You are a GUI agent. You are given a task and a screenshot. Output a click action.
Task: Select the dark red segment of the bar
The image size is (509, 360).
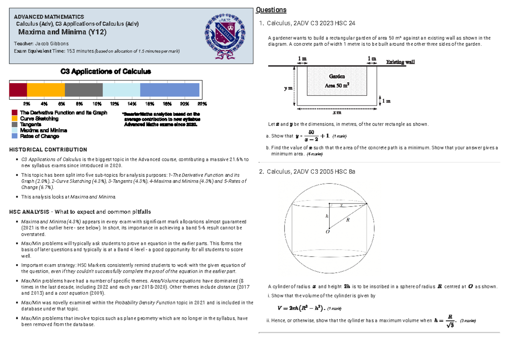pos(18,90)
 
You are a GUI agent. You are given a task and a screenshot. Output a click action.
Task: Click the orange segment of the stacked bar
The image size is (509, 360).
pos(46,90)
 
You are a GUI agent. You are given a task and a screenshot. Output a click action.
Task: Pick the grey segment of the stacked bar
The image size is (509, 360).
pos(84,90)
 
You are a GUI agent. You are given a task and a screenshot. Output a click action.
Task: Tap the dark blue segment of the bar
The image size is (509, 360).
pos(170,90)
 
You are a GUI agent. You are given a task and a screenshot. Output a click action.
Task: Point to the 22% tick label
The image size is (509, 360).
pos(202,103)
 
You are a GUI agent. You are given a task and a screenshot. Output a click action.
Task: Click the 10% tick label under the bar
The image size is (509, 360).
pos(97,103)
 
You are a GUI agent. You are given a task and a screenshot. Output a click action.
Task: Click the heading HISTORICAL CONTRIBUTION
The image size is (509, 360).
pos(48,150)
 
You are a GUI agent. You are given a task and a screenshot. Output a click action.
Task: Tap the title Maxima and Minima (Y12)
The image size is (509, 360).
pos(62,32)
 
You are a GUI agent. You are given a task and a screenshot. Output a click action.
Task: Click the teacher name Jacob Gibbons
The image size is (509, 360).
pos(51,44)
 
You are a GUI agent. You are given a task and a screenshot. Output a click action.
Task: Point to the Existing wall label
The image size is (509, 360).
pos(400,62)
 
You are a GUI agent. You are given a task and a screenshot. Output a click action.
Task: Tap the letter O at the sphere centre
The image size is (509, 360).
pos(327,232)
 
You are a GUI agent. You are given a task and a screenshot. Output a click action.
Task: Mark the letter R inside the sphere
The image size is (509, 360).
pos(348,220)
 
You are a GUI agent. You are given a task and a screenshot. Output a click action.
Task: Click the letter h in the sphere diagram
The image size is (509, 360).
pos(327,216)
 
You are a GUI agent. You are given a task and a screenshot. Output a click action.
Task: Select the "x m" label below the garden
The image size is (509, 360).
pos(337,113)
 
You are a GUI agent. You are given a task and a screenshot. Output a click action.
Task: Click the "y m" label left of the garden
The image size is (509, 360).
pos(288,89)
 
